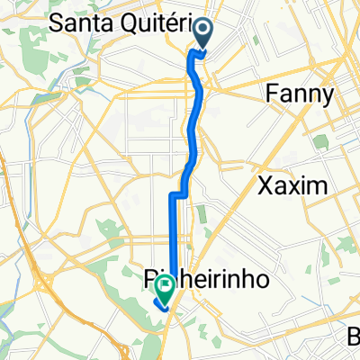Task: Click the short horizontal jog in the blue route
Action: click(179, 194)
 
